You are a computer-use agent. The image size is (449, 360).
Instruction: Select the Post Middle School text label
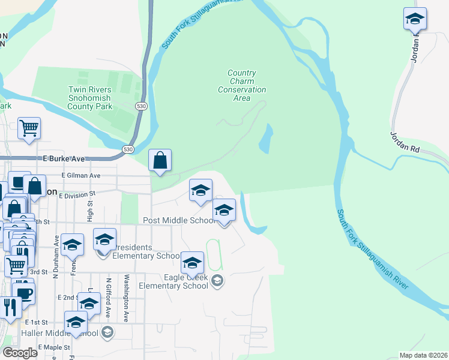pos(179,221)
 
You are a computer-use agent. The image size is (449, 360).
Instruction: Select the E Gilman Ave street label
pos(81,175)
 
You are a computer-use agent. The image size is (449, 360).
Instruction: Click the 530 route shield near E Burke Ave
pos(127,149)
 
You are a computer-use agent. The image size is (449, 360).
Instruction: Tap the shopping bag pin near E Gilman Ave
pos(160,160)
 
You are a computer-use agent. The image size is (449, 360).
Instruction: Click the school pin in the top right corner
pos(415,19)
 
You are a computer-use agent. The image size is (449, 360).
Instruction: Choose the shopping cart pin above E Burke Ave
pos(29,128)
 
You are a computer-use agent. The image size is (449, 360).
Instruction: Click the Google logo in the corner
pos(20,353)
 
